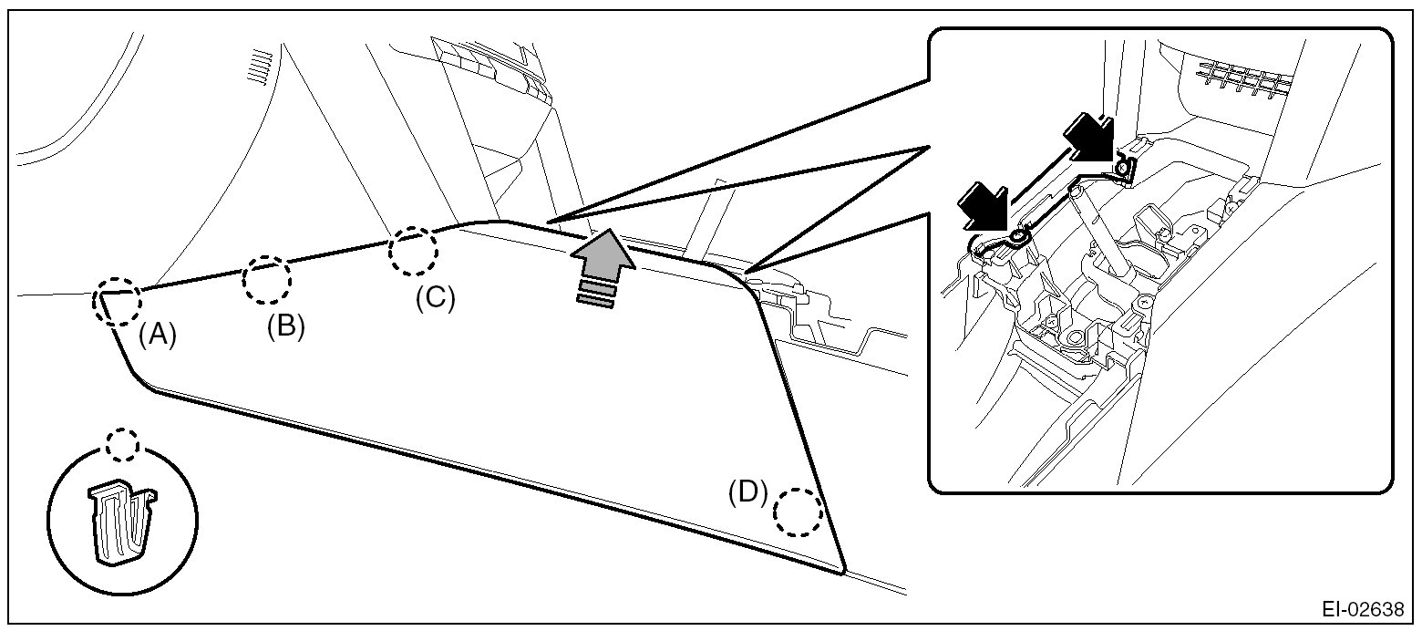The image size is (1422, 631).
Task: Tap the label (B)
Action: click(x=285, y=326)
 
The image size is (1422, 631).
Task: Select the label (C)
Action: click(x=434, y=298)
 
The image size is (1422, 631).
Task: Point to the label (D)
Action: click(x=747, y=491)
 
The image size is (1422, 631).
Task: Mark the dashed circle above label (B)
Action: click(x=267, y=280)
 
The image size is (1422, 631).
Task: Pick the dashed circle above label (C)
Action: click(x=413, y=252)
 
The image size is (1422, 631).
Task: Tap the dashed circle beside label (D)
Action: click(x=798, y=512)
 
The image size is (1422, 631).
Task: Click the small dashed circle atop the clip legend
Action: click(x=121, y=446)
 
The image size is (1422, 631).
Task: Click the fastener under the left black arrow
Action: click(x=1017, y=241)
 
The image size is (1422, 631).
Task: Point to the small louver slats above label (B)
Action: click(x=262, y=67)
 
